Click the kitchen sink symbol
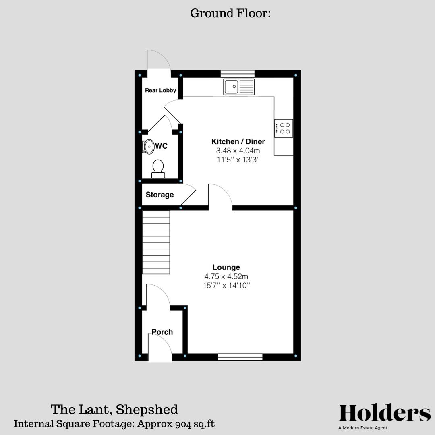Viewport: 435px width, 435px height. pyautogui.click(x=239, y=87)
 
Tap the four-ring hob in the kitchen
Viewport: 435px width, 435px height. pyautogui.click(x=284, y=128)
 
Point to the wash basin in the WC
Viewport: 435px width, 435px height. pyautogui.click(x=149, y=147)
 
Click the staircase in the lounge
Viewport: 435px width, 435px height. pyautogui.click(x=156, y=242)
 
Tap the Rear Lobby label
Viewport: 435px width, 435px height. pyautogui.click(x=161, y=91)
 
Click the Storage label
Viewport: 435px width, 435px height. pyautogui.click(x=160, y=195)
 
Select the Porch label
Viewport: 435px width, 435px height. pyautogui.click(x=162, y=332)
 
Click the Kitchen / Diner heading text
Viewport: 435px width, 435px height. pyautogui.click(x=238, y=141)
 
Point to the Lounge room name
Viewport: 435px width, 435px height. pyautogui.click(x=226, y=267)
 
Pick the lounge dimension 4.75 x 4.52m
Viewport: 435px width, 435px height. pyautogui.click(x=226, y=276)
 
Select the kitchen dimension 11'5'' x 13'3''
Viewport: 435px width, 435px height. pyautogui.click(x=238, y=159)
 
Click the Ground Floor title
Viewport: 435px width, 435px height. pyautogui.click(x=230, y=13)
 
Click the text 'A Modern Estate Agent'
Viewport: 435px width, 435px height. pyautogui.click(x=363, y=428)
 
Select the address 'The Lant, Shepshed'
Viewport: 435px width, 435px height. pyautogui.click(x=114, y=410)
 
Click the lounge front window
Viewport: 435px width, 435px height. pyautogui.click(x=240, y=357)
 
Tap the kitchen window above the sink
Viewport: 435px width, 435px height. pyautogui.click(x=238, y=74)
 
